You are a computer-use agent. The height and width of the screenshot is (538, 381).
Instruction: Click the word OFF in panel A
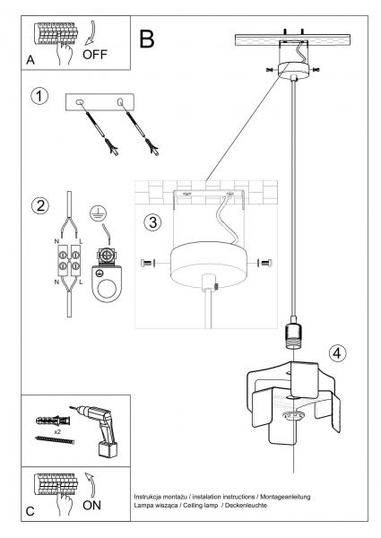[x=95, y=55]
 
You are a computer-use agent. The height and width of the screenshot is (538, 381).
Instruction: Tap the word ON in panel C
[x=92, y=505]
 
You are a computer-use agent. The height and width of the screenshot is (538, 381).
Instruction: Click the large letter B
[x=147, y=39]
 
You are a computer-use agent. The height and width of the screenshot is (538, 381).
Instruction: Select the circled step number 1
[x=39, y=96]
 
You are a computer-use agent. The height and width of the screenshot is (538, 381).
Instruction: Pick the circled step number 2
[x=40, y=206]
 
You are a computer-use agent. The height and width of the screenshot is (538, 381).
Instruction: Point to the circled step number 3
[x=152, y=222]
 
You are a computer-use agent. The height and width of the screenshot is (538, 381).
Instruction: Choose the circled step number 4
[x=337, y=353]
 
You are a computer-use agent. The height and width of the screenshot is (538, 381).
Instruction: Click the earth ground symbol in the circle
[x=98, y=213]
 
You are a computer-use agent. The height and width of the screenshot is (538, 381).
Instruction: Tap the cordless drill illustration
[x=97, y=430]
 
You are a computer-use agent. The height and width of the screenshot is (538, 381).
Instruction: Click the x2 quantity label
[x=57, y=431]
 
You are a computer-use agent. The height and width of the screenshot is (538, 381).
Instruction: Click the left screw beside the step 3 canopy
[x=148, y=263]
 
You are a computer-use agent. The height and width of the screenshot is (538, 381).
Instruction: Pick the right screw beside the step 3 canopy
[x=265, y=263]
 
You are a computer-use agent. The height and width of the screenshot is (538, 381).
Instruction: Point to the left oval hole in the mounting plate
[x=80, y=101]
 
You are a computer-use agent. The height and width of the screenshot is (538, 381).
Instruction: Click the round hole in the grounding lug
[x=107, y=288]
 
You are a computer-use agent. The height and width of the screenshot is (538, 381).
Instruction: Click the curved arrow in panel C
[x=91, y=484]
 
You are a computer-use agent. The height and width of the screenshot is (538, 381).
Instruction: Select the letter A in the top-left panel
[x=30, y=60]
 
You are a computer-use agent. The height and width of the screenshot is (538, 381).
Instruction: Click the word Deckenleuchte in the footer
[x=246, y=506]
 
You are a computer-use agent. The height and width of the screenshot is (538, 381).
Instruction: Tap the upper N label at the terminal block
[x=56, y=241]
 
